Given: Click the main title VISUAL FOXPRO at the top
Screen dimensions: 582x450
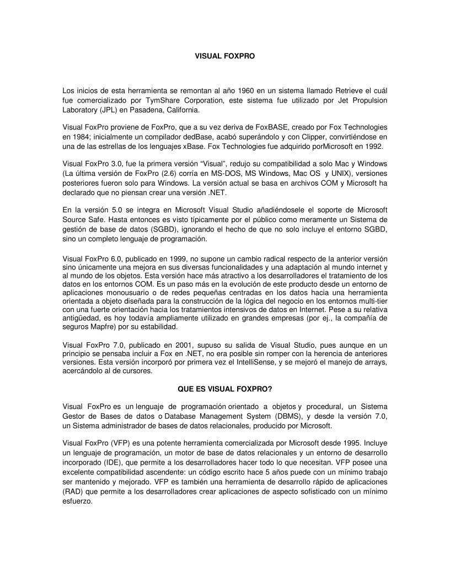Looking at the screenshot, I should (225, 56).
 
